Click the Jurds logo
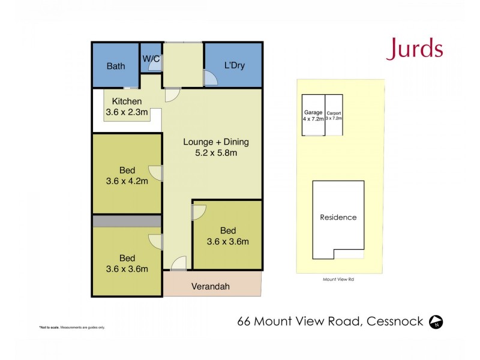coord(415,49)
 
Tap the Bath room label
coord(116,66)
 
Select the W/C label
coord(151,58)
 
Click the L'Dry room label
coord(234,66)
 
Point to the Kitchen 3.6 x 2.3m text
coord(127,107)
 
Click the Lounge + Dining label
coord(215,148)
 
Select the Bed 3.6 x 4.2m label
coord(127,175)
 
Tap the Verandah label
coord(211,286)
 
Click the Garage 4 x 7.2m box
coord(313,115)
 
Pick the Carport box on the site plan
coord(334,115)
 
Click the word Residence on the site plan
coord(338,217)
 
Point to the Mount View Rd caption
coord(337,279)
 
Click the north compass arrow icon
coord(436,322)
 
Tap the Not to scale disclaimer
coord(72,327)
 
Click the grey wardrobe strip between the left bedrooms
coord(127,221)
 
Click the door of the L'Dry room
coord(210,78)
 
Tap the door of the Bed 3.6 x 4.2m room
coord(156,173)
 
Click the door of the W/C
coord(155,68)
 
